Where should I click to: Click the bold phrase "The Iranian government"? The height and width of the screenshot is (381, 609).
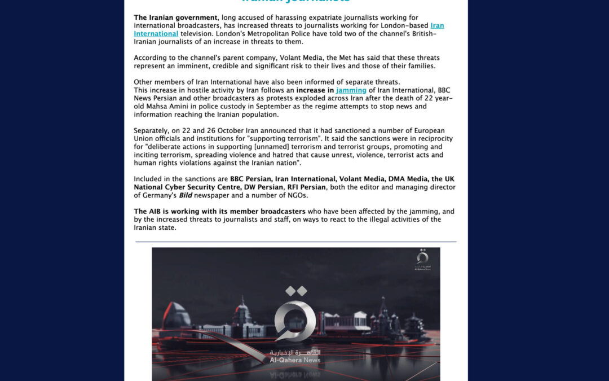[x=175, y=17]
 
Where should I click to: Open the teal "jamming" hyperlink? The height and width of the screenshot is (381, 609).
[x=351, y=90]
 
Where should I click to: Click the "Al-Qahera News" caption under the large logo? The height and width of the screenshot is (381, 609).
[x=295, y=360]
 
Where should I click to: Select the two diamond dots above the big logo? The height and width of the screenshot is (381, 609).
[x=295, y=291]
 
